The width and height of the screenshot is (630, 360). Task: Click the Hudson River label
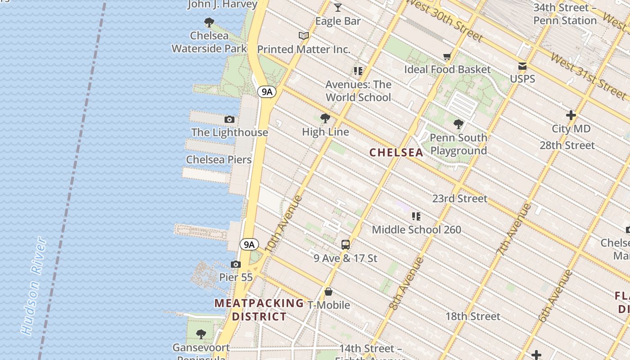[34, 286]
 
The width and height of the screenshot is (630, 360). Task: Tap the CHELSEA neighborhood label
[396, 153]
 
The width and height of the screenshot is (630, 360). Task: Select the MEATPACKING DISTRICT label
[259, 310]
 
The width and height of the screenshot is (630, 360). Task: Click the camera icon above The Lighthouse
[229, 120]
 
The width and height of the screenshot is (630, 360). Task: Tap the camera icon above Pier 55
[235, 264]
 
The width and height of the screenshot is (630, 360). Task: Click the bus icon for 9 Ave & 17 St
[346, 245]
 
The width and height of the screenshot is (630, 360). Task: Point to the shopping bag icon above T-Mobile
[328, 292]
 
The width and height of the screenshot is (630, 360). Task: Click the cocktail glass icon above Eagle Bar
[338, 8]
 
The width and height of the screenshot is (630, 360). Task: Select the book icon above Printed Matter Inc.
[304, 36]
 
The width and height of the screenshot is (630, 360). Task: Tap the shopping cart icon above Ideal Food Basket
[447, 57]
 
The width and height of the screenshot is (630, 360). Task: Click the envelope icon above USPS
[522, 66]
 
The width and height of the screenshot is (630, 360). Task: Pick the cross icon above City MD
[571, 116]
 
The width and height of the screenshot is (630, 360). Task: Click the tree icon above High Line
[325, 119]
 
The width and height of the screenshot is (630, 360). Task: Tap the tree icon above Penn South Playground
[459, 124]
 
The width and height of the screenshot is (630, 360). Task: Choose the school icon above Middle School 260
[416, 216]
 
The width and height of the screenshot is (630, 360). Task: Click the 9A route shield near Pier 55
[249, 244]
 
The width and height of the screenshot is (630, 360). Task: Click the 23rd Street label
[459, 198]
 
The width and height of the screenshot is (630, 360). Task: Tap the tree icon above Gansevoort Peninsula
[201, 334]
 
